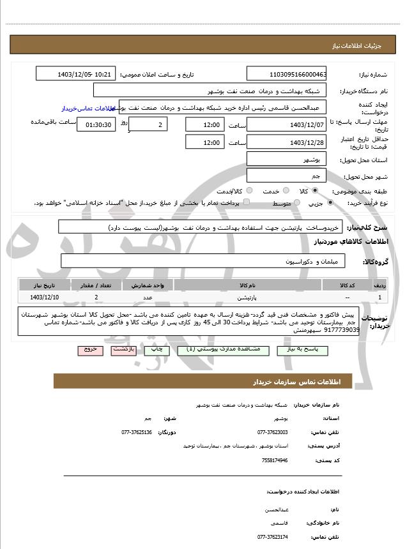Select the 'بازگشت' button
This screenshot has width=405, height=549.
click(123, 350)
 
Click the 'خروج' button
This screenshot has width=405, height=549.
click(89, 350)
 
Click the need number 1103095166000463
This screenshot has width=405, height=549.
click(287, 74)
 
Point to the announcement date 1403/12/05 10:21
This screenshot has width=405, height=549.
click(76, 74)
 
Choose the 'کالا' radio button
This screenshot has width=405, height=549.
click(314, 191)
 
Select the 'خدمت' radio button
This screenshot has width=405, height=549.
click(286, 191)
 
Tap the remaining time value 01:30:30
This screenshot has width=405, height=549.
click(96, 124)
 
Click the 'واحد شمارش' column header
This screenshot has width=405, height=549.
click(148, 285)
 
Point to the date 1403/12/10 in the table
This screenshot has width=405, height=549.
click(45, 297)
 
